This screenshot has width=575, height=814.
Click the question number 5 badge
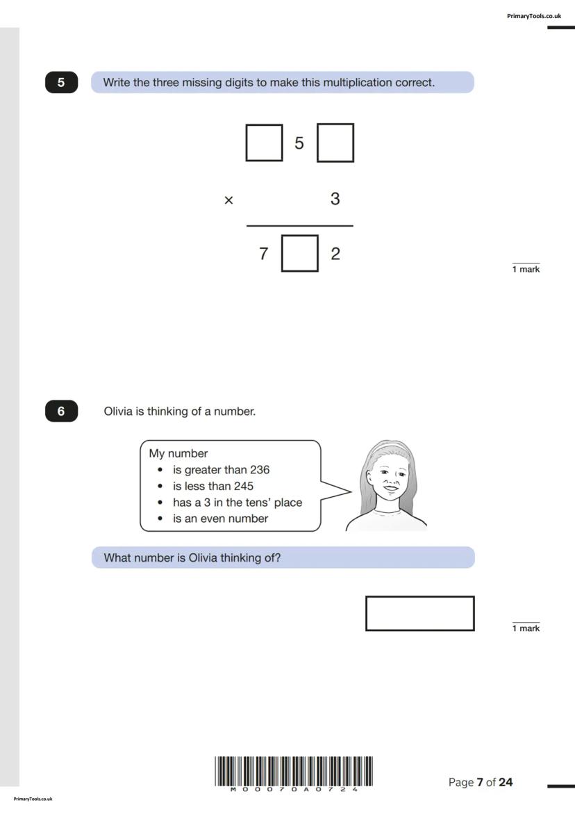(61, 83)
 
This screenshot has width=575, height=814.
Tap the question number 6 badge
(61, 412)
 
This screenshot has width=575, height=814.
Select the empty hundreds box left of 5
(264, 143)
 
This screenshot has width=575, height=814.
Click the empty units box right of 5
(335, 143)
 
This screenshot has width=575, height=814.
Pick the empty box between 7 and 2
(300, 254)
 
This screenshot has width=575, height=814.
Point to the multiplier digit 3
(335, 200)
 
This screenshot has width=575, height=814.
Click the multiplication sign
(228, 200)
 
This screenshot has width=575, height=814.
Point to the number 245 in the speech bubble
(243, 486)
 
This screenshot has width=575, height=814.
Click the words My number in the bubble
(178, 453)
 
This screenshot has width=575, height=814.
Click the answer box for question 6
(419, 613)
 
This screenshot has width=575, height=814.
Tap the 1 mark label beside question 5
(526, 269)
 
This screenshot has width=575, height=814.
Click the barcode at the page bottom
(294, 772)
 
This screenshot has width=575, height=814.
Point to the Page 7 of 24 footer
(481, 782)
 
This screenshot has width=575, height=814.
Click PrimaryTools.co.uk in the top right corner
(534, 15)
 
